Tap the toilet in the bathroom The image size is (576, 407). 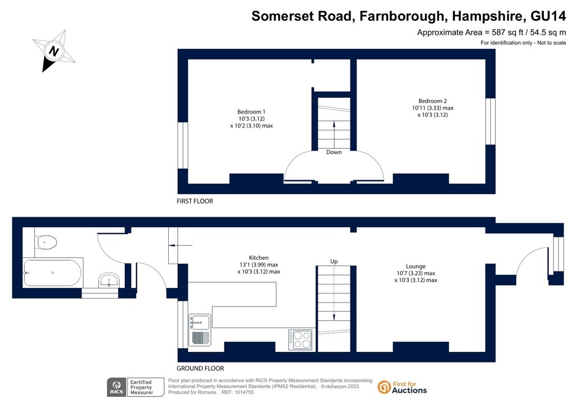click(x=46, y=242)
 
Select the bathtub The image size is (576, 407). click(x=52, y=273)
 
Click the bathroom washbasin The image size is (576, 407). click(x=109, y=281)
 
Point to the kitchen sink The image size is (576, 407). click(x=200, y=330)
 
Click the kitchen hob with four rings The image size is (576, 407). click(x=300, y=340)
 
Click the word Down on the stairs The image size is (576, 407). click(x=334, y=152)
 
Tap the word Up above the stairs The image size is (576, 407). click(x=334, y=261)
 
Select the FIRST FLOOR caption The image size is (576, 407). click(x=195, y=201)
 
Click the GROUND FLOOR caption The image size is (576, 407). click(x=200, y=368)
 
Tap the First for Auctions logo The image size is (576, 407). click(x=402, y=387)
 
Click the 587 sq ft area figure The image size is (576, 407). click(x=507, y=32)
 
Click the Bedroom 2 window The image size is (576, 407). click(x=490, y=121)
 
